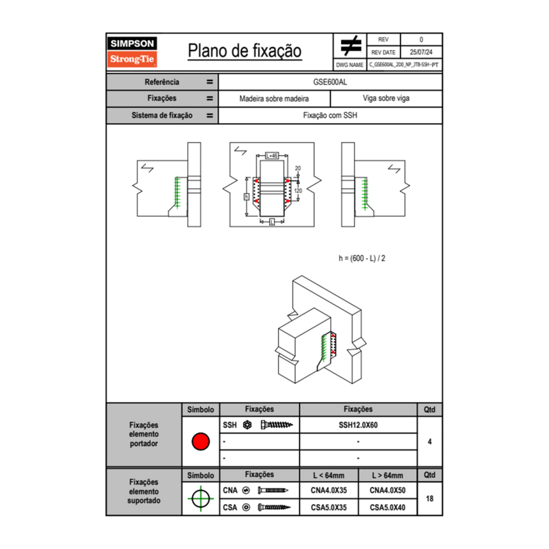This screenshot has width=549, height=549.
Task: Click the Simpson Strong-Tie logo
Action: [x=133, y=52]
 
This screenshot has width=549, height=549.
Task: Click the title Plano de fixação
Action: [x=245, y=51]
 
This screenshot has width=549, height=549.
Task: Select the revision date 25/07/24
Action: [x=421, y=52]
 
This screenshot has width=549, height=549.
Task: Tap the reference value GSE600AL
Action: [x=330, y=82]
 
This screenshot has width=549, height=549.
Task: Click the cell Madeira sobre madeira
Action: [x=274, y=99]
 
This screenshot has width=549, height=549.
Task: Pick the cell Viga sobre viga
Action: [x=386, y=99]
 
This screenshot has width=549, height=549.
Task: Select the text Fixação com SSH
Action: [x=330, y=115]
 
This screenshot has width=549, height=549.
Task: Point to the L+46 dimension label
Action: [x=272, y=155]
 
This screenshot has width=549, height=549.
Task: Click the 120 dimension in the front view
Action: [x=298, y=190]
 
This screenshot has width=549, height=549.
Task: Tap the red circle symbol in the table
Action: [x=200, y=442]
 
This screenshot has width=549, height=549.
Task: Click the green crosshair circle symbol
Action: [x=200, y=498]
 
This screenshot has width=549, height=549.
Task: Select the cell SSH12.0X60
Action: [x=358, y=425]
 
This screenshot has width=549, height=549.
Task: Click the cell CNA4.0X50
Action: [x=387, y=490]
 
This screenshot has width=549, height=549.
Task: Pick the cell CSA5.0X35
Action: [x=328, y=507]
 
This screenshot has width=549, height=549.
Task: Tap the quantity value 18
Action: [x=430, y=498]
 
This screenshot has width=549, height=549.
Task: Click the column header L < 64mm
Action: [x=328, y=475]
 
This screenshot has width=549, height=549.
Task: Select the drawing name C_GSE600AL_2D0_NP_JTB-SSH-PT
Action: [x=404, y=65]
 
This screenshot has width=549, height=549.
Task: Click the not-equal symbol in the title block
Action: [x=351, y=46]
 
